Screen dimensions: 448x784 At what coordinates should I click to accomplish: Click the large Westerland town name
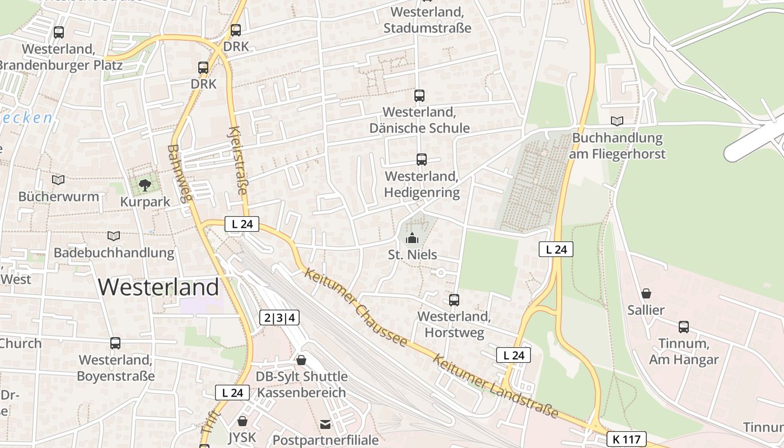point(158,287)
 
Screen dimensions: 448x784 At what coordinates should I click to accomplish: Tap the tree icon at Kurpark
point(145,185)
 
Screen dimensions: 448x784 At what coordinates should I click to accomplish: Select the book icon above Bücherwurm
point(58,180)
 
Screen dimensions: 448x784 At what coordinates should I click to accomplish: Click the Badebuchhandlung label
point(114,253)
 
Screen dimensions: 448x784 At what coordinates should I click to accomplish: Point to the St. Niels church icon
point(412,238)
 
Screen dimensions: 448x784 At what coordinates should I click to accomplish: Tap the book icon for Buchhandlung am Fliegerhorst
point(617,121)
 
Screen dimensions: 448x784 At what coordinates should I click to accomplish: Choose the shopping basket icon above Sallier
point(646,293)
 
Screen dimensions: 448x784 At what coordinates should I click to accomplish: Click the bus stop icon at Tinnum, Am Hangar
point(683,326)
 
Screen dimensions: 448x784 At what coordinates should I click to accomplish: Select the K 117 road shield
point(627,440)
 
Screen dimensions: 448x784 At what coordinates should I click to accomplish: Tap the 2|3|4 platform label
point(279,318)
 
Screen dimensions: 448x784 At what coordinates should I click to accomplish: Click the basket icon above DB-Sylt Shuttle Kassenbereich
point(301,360)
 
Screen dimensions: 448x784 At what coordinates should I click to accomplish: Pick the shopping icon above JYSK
point(242,421)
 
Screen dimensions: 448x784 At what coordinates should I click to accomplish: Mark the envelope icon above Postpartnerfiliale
point(325,424)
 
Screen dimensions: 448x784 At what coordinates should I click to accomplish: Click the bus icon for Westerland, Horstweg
point(454,300)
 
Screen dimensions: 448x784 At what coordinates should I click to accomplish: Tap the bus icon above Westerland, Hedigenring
point(422,160)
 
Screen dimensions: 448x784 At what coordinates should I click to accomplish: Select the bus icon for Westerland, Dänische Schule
point(419,96)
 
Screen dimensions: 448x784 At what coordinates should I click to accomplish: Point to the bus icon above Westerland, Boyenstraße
point(115,343)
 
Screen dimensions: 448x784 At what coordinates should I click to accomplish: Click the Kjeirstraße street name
point(237,160)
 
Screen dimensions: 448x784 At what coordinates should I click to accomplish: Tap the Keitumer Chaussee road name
point(356,307)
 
